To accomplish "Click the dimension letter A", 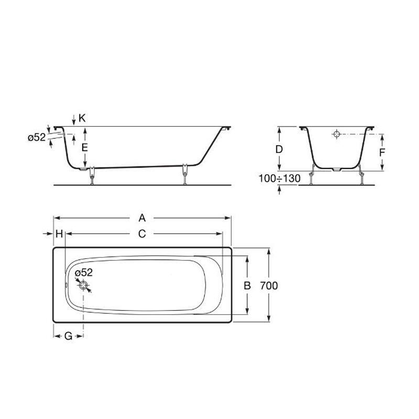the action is pos(142,218).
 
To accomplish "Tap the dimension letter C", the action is pos(142,234).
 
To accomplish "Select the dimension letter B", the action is pos(247,285).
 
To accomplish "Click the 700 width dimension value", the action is pos(269,285).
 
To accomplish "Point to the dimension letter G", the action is pos(69,336).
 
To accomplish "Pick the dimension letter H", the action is pos(59,234).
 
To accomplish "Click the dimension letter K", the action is pos(82,118).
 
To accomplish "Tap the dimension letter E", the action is pos(85,148).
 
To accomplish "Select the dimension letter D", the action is pos(279,149).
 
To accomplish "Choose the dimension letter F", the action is pos(382,152).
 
